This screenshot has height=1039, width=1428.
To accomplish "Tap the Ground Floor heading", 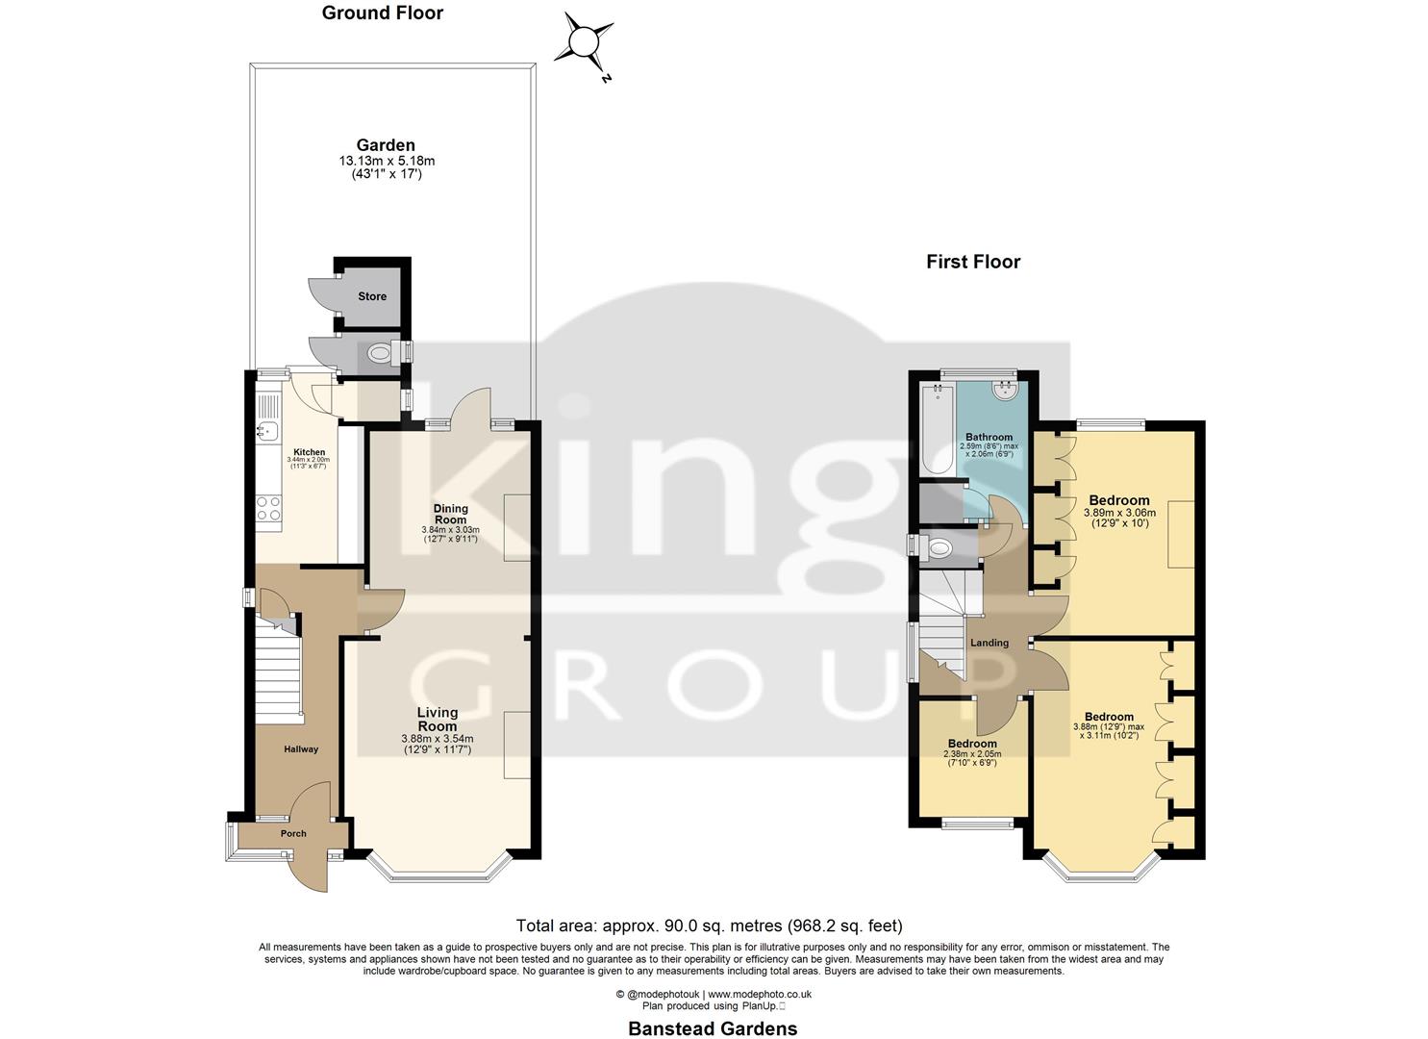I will point(382,13).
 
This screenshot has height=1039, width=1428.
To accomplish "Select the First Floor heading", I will point(972,262).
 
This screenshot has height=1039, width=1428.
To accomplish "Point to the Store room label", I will point(372,296).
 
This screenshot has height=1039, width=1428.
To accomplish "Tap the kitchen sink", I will point(266,432).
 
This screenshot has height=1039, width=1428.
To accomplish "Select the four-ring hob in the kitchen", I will point(268,508).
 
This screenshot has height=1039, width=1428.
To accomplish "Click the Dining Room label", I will point(450,514).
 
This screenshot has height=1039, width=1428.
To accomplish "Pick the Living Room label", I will point(437,719).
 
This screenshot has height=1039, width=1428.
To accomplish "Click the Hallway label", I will point(301,749).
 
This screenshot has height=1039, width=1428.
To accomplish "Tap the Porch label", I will point(293,834).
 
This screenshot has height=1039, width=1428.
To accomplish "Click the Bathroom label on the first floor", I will point(990,438).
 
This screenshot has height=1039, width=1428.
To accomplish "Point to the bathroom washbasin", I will point(1006,390).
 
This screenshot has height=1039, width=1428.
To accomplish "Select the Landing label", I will point(990,643).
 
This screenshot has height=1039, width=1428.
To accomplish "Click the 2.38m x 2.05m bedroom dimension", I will point(972,754).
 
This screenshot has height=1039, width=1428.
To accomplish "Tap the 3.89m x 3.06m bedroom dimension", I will point(1119,514).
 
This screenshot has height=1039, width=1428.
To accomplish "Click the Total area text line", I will point(709,926).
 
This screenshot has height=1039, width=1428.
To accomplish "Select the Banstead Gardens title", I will point(713,1028).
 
